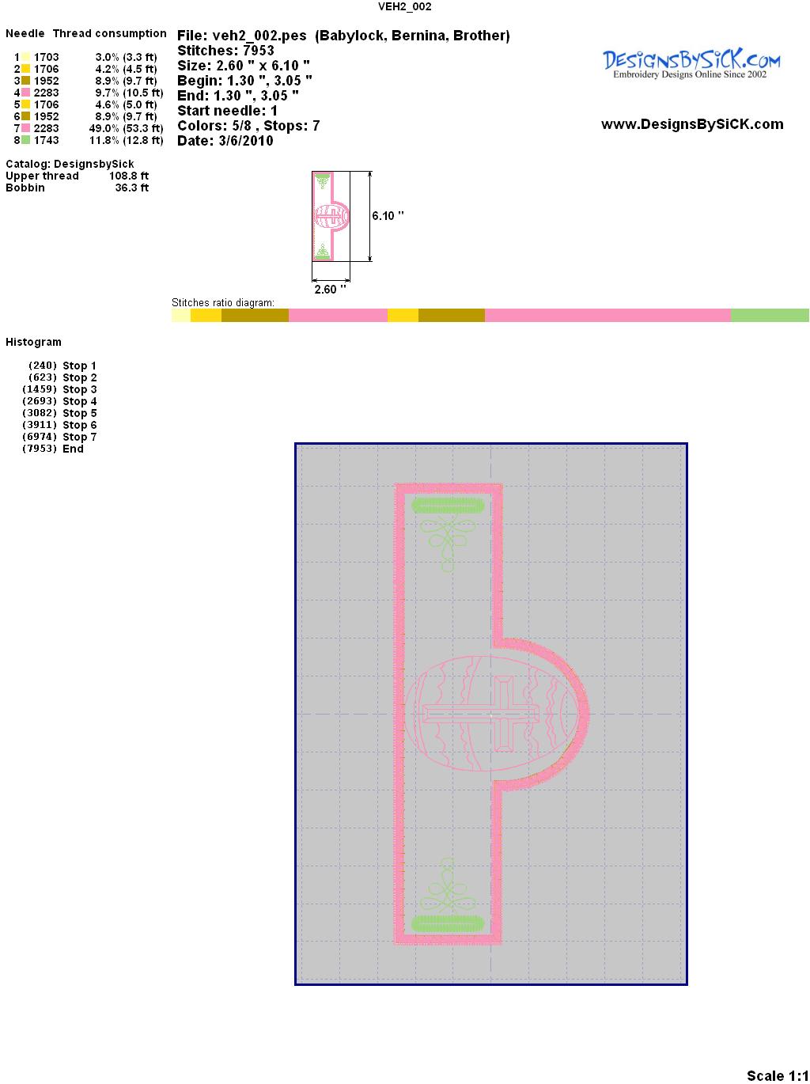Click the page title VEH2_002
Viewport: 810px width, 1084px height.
(x=404, y=6)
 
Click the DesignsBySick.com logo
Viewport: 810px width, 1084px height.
(x=691, y=64)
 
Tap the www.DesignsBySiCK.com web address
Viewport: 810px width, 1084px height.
(x=692, y=124)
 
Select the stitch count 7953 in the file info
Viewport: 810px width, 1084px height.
(x=258, y=51)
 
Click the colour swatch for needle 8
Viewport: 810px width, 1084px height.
(x=25, y=140)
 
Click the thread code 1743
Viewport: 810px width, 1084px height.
(x=47, y=140)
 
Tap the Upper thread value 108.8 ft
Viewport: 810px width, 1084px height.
(x=129, y=176)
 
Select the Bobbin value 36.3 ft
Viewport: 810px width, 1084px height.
(x=132, y=188)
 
